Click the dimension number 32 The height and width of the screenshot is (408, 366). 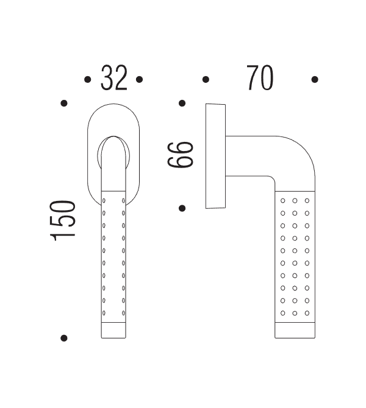click(114, 79)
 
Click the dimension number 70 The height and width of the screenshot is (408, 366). click(260, 79)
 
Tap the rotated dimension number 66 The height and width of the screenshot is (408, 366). click(181, 155)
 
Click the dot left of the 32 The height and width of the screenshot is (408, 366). click(87, 79)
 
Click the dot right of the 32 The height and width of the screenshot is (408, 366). click(140, 79)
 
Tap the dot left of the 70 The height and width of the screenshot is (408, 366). click(206, 79)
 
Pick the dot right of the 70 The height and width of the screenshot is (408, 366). click(315, 79)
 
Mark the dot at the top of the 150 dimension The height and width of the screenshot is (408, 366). click(64, 104)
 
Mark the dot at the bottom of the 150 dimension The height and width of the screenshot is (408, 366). click(64, 337)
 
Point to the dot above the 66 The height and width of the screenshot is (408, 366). click(182, 104)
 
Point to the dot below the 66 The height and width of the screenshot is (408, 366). click(182, 208)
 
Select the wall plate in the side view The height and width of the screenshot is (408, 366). click(215, 156)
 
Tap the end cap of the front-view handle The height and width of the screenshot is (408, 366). click(113, 329)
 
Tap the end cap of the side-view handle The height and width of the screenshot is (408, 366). click(295, 329)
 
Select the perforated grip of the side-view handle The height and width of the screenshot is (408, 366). click(295, 256)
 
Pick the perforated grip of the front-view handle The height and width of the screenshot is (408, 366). click(113, 256)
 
